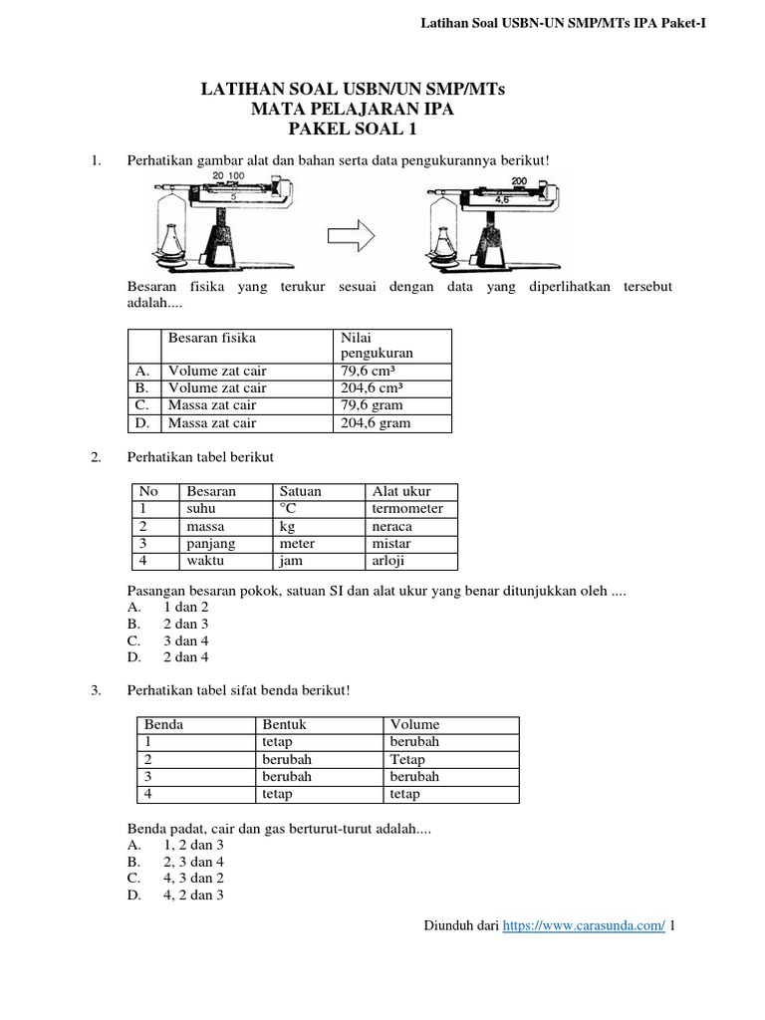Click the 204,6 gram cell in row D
tap(376, 423)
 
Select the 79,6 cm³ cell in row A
tap(369, 371)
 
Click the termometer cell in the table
tap(407, 509)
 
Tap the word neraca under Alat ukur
tap(392, 526)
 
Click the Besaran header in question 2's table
tap(211, 491)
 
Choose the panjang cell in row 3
tap(208, 544)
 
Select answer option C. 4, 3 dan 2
tap(194, 877)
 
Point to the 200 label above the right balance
tap(519, 181)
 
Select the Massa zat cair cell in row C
tap(212, 405)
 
